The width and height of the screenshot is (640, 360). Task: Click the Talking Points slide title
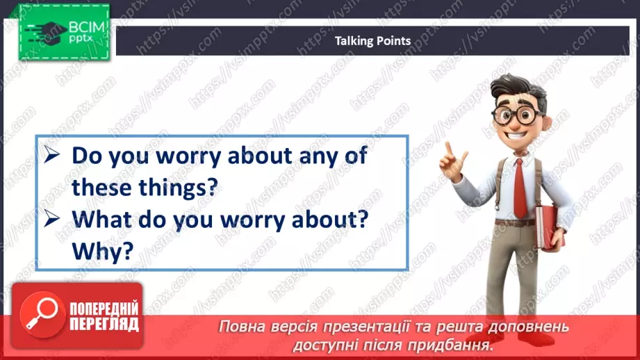coord(372,41)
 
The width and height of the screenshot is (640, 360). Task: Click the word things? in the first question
coord(175,187)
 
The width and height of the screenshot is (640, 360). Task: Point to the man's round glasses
coord(518,115)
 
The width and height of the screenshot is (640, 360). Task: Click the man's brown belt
coord(514,222)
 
